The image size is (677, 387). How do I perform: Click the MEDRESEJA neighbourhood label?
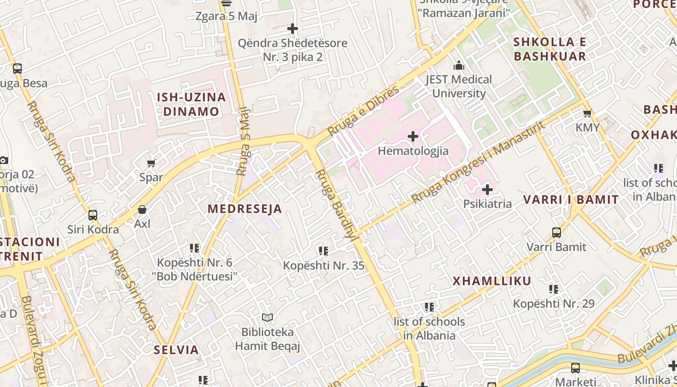coord(245,209)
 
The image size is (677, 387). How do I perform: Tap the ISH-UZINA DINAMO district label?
coord(191,104)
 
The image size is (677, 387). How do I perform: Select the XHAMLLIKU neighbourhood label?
coord(492,281)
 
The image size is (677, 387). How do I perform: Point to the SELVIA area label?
coord(177,350)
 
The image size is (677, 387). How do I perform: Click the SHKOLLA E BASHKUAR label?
coord(550,49)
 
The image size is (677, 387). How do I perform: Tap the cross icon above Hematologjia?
coord(413,137)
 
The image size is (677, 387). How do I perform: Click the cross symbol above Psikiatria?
coord(487,190)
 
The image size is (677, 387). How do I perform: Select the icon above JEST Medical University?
coord(458,65)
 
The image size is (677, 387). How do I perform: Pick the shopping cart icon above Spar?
coord(151,164)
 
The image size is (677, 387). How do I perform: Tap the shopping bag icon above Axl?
coord(142,209)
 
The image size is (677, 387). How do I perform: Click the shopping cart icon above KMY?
coord(588,114)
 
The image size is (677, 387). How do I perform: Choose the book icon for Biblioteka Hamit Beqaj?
coord(267,318)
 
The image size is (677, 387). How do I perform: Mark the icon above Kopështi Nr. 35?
coord(324,251)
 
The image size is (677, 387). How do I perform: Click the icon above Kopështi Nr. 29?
coord(554,289)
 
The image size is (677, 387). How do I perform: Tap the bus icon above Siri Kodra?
coord(93,215)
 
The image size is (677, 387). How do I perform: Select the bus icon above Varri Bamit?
coord(557,233)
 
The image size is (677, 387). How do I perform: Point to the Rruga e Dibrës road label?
coord(364,111)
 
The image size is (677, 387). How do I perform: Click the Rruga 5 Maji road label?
coord(244,141)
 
